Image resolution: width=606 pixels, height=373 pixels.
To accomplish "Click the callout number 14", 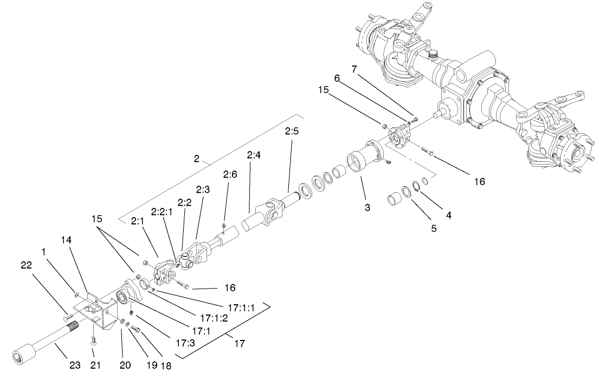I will point(66,239).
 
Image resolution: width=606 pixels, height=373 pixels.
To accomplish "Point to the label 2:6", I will point(229,175).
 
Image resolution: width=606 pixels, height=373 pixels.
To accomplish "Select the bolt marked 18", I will point(136,329).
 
